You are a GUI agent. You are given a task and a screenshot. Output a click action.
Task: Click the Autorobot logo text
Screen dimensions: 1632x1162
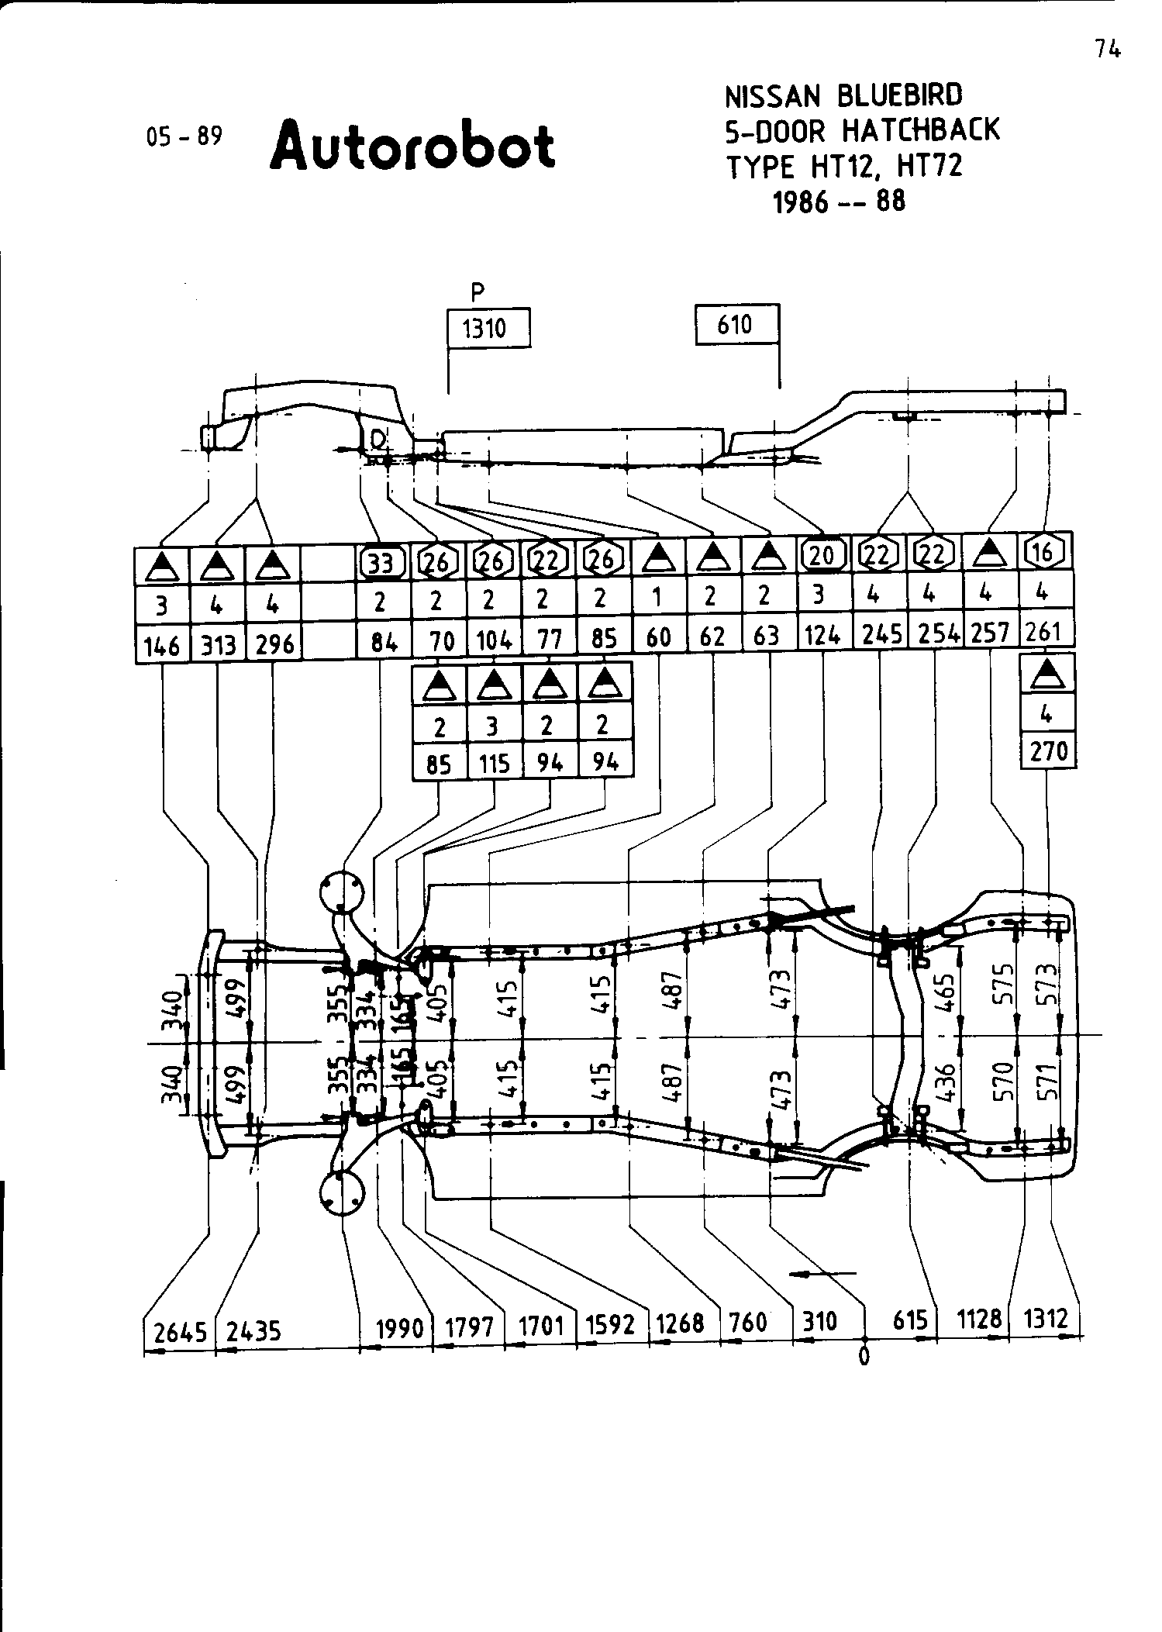(x=412, y=145)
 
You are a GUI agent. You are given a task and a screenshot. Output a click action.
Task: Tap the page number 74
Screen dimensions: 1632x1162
(x=1109, y=50)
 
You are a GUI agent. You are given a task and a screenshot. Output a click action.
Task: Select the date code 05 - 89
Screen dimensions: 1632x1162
(x=184, y=136)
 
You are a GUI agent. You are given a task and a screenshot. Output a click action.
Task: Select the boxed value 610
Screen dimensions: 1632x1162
(x=735, y=324)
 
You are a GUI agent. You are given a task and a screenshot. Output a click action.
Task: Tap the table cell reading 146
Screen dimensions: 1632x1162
(x=162, y=645)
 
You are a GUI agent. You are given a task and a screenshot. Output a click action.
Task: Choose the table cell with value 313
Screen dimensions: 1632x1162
(x=218, y=645)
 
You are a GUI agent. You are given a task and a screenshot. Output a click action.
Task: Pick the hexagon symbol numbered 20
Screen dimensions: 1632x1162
(x=822, y=554)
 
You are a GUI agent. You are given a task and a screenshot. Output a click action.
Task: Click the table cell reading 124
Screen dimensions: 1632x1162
(x=822, y=637)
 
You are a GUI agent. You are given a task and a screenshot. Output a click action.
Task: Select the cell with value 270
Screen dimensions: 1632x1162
(x=1048, y=751)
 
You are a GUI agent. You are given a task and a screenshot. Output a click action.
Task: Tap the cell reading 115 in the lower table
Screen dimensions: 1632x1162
(x=494, y=764)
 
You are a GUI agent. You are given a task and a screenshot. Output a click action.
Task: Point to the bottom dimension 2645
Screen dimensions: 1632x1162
(x=180, y=1331)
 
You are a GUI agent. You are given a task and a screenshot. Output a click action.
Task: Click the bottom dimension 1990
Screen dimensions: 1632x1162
(x=399, y=1329)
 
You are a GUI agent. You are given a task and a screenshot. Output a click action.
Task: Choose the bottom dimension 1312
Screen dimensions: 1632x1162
(x=1046, y=1319)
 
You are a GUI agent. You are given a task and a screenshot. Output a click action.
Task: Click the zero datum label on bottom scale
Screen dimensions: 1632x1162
(x=864, y=1356)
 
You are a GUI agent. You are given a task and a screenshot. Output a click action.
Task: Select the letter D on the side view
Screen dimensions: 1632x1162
(x=378, y=440)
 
